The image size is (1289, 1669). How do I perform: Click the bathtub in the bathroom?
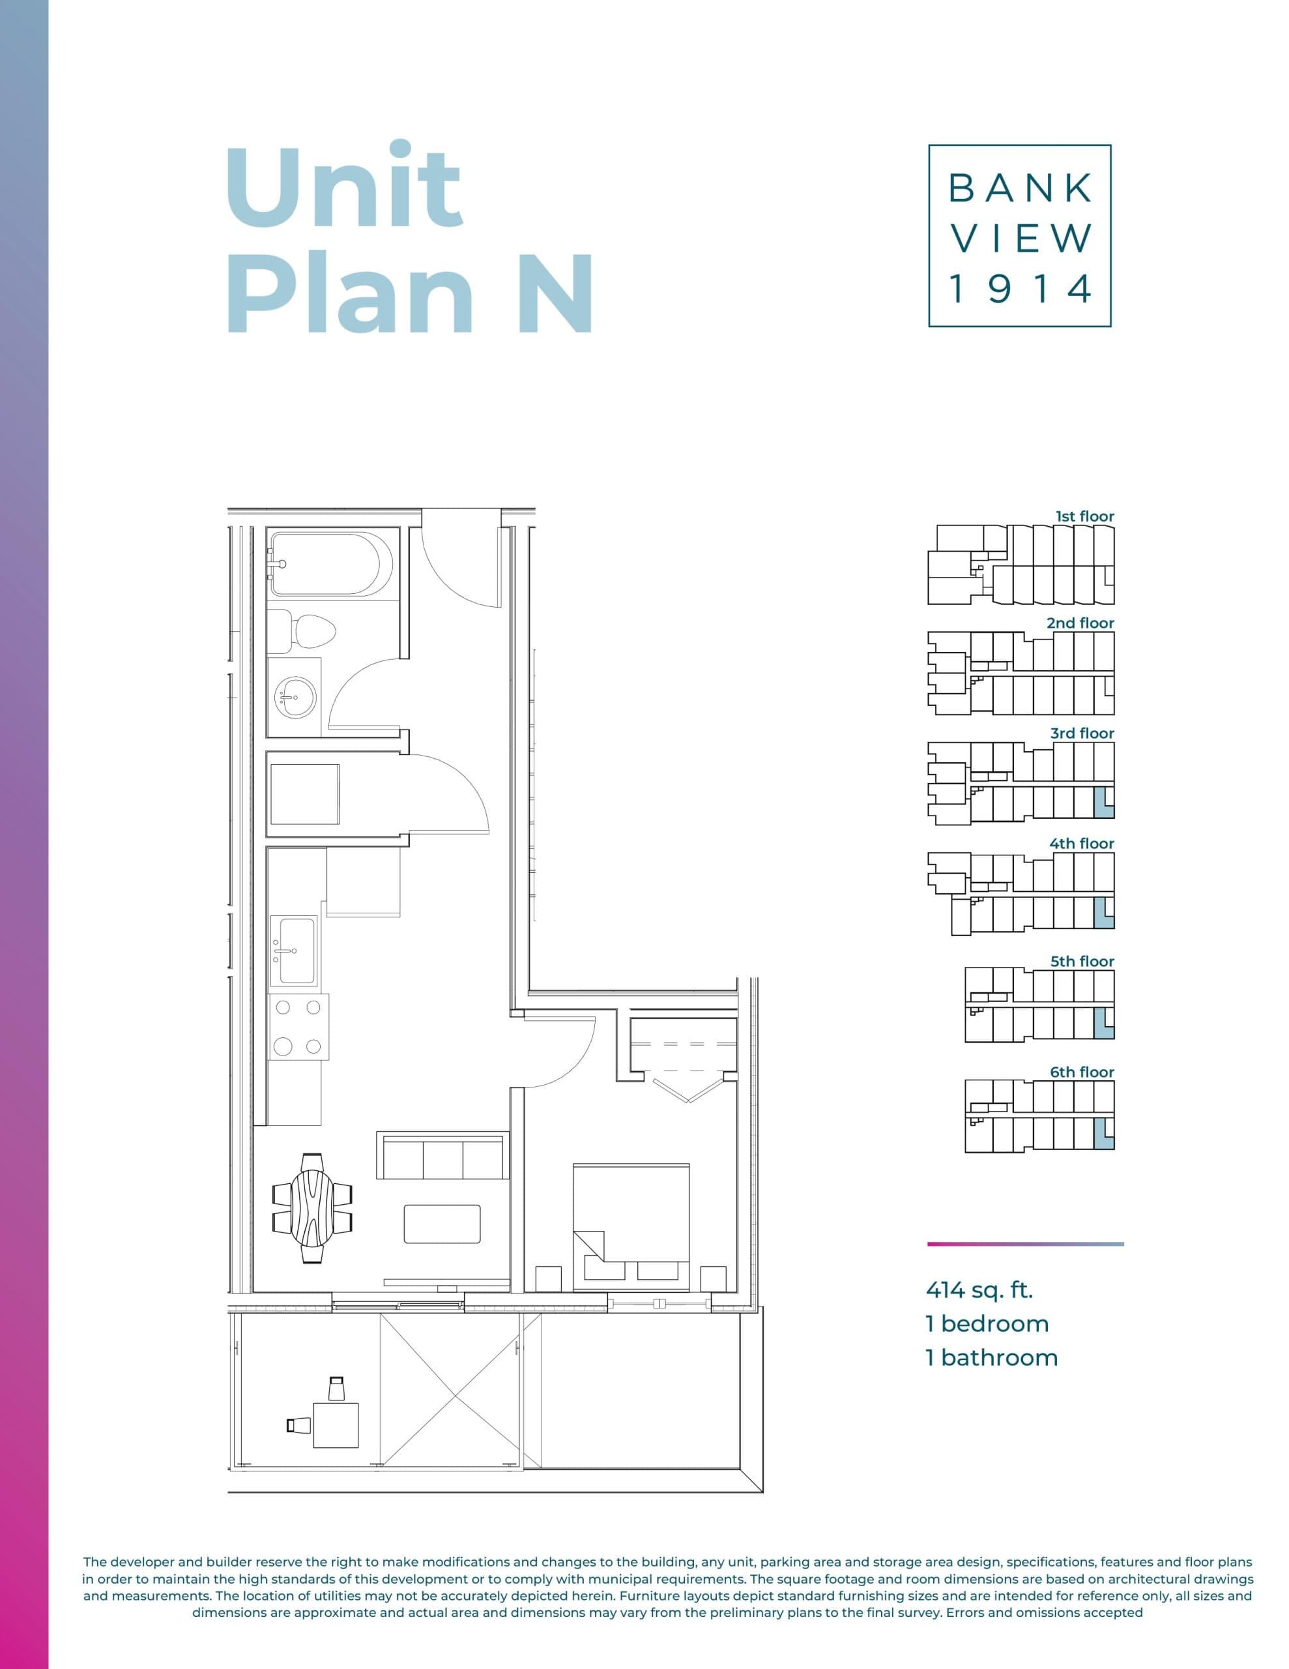pyautogui.click(x=332, y=564)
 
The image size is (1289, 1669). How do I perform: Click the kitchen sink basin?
pyautogui.click(x=297, y=950)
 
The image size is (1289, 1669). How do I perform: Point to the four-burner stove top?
pyautogui.click(x=298, y=1026)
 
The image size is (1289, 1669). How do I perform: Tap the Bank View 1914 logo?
pyautogui.click(x=1019, y=235)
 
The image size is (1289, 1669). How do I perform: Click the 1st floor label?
pyautogui.click(x=1084, y=516)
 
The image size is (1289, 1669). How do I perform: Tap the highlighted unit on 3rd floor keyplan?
pyautogui.click(x=1103, y=803)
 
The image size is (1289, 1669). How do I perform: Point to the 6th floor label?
pyautogui.click(x=1081, y=1072)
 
